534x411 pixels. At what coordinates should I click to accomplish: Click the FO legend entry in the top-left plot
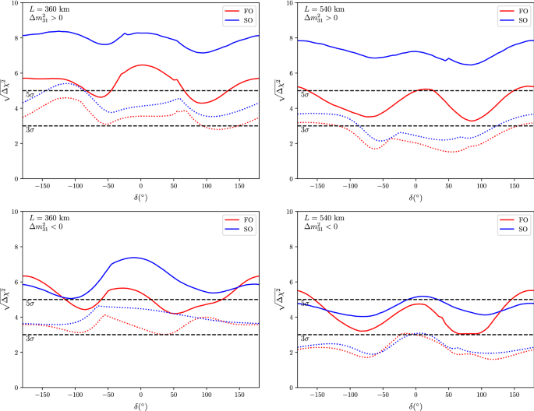point(242,12)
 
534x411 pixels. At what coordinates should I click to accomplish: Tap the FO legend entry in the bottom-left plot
point(242,220)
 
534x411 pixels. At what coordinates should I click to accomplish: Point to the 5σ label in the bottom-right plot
point(305,304)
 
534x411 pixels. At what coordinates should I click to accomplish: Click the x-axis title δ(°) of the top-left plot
point(140,198)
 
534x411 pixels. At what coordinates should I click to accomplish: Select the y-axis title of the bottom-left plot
point(7,299)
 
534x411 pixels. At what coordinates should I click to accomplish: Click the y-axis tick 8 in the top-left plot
point(17,38)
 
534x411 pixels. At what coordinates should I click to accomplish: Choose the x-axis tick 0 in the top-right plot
point(415,187)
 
